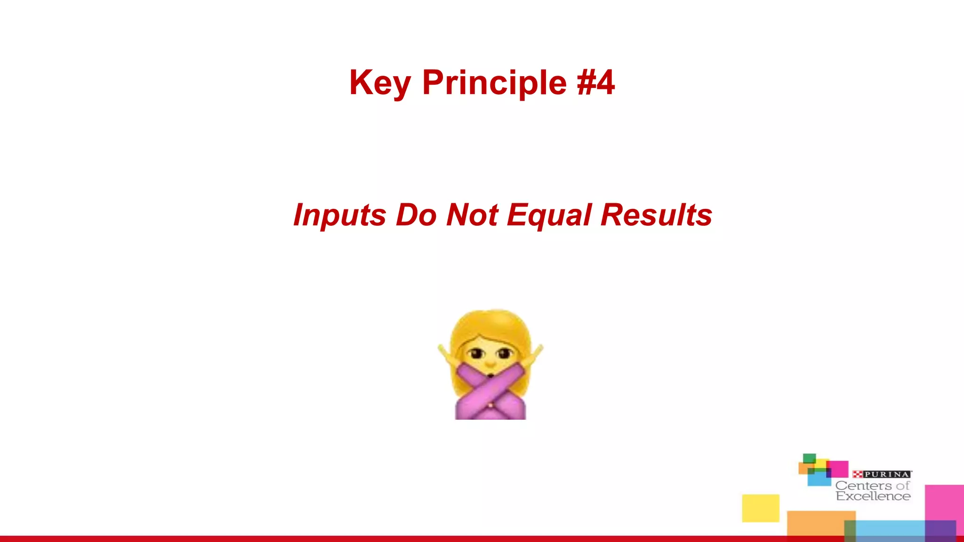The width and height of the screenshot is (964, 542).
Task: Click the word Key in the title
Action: pyautogui.click(x=379, y=83)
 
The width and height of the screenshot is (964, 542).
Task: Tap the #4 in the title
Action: pyautogui.click(x=596, y=83)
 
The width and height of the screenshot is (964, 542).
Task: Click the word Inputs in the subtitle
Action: pyautogui.click(x=339, y=215)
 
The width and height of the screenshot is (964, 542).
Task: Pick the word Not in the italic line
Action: pyautogui.click(x=472, y=215)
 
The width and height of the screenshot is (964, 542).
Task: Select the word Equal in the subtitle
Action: pyautogui.click(x=549, y=215)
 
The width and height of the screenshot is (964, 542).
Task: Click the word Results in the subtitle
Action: pyautogui.click(x=656, y=215)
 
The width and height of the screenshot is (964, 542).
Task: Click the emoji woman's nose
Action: pyautogui.click(x=490, y=363)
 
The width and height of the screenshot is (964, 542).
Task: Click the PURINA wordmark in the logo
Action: pyautogui.click(x=887, y=474)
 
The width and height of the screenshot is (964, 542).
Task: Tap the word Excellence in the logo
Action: pyautogui.click(x=873, y=496)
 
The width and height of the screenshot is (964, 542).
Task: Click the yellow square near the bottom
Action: pyautogui.click(x=761, y=508)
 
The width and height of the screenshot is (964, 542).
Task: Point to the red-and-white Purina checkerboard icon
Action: pyautogui.click(x=857, y=474)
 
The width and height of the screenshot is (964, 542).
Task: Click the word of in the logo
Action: pyautogui.click(x=903, y=486)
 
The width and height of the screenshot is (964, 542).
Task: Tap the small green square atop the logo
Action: pyautogui.click(x=809, y=458)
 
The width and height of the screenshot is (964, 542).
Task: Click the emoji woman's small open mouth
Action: pyautogui.click(x=490, y=375)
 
